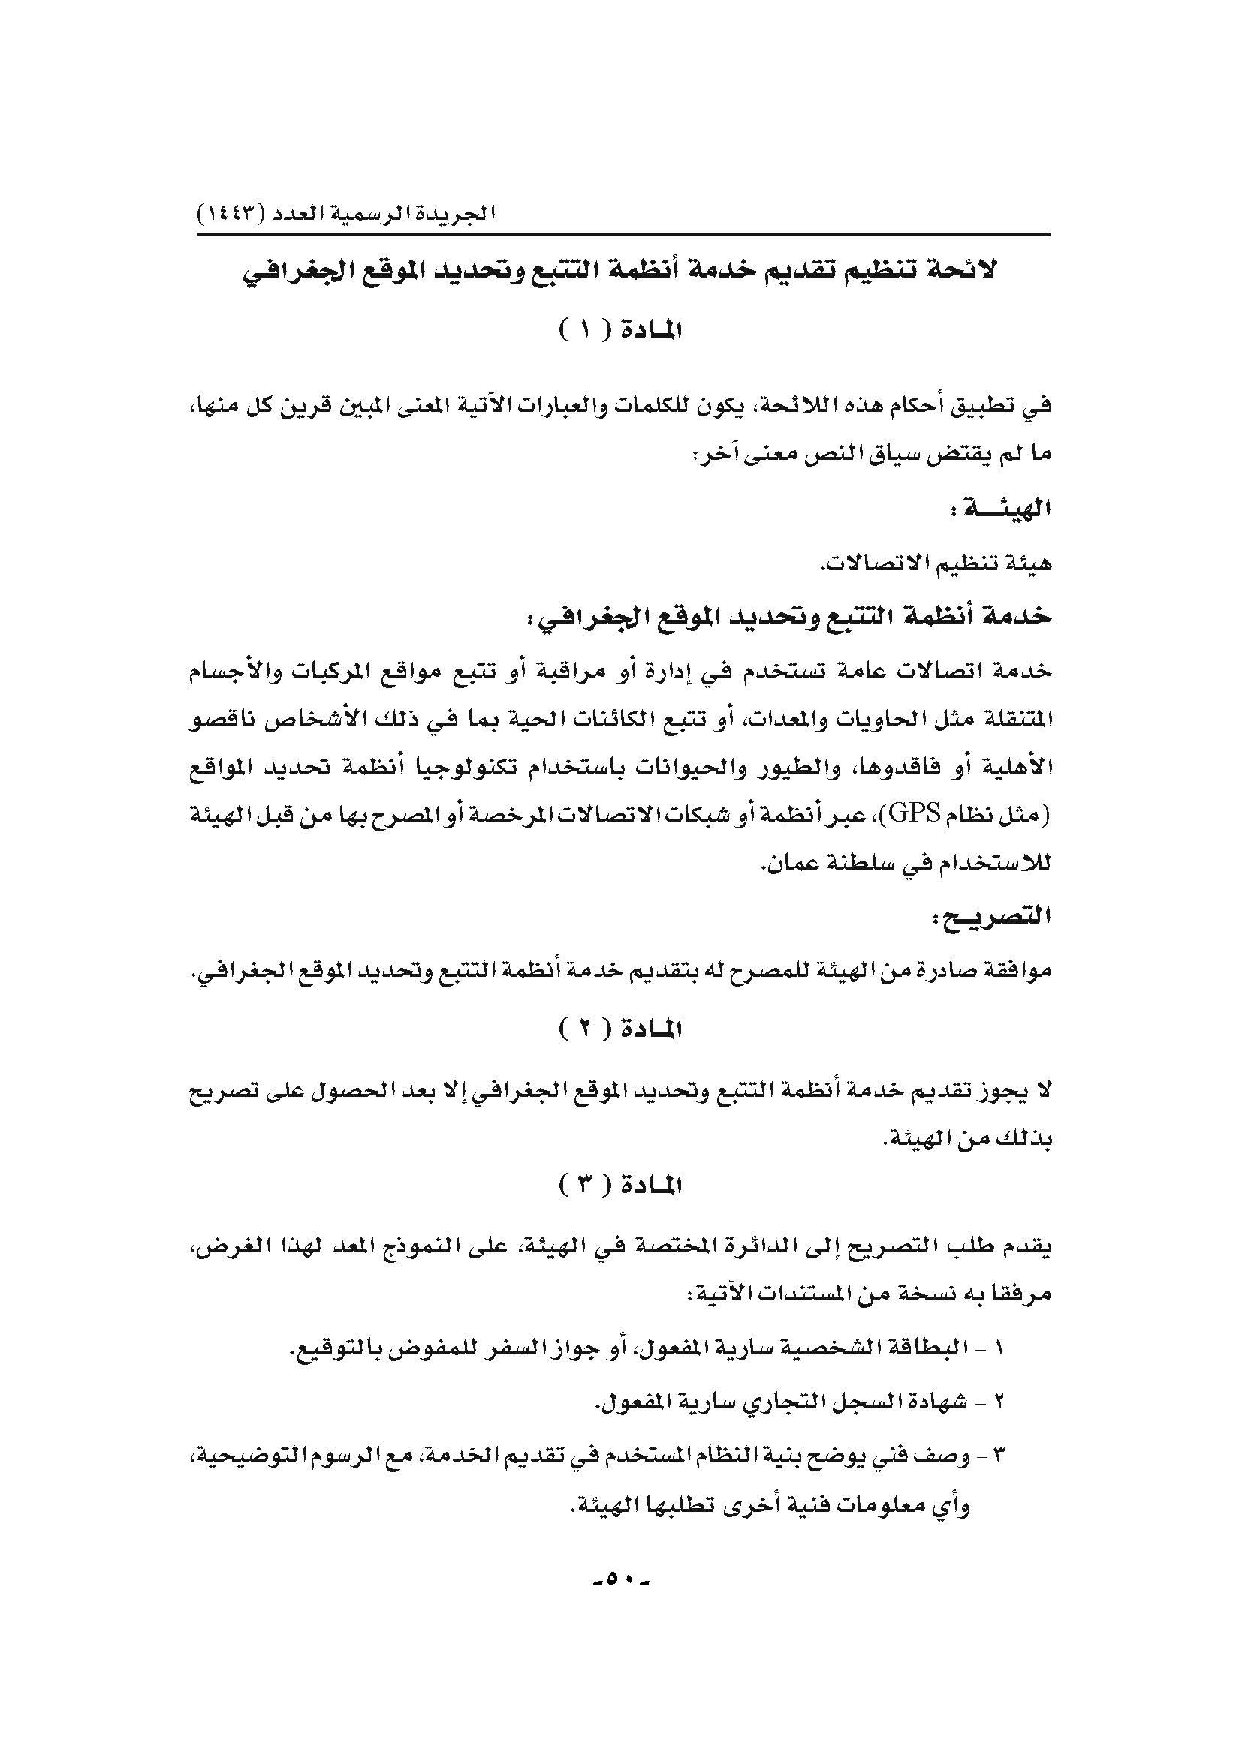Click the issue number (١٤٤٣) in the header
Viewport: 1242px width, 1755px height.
[231, 213]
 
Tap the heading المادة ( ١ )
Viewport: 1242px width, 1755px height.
[620, 331]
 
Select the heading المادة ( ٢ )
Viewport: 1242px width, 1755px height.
[620, 1029]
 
